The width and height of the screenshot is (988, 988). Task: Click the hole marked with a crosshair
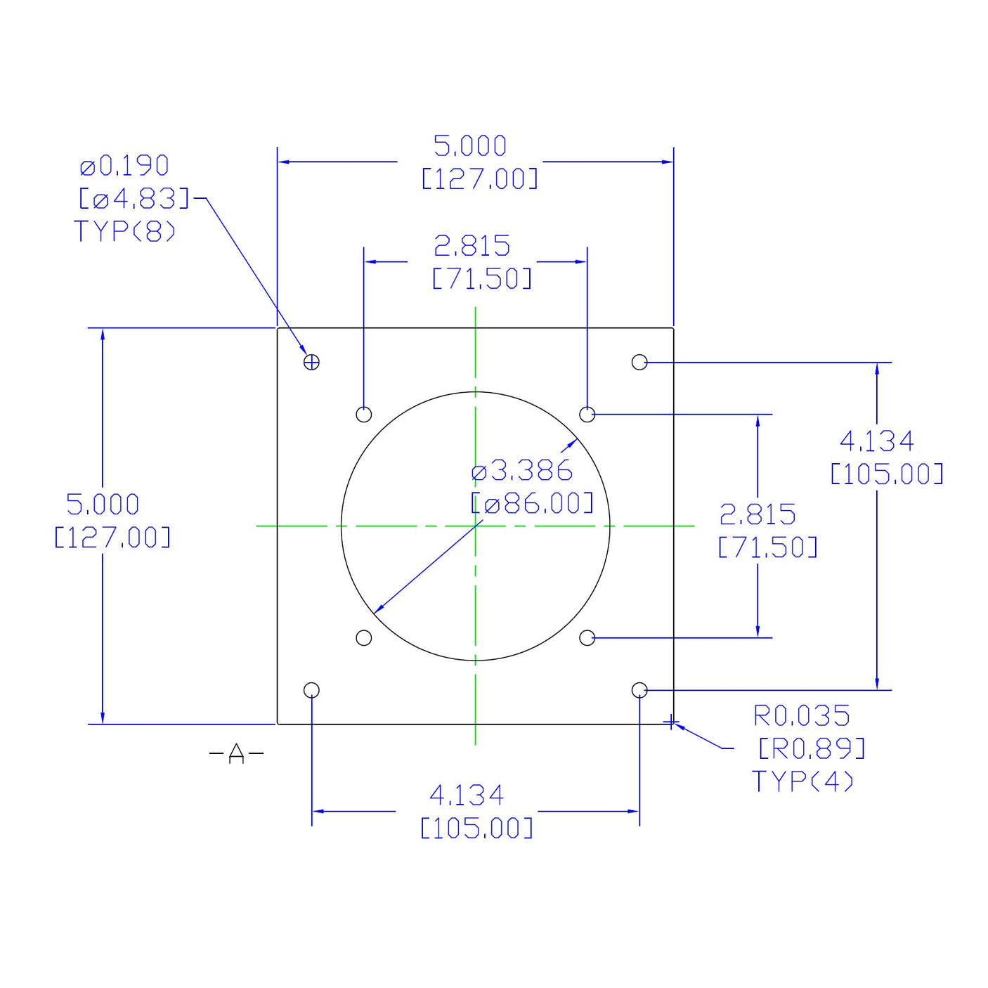(x=311, y=362)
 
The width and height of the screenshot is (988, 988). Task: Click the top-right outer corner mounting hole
(x=639, y=362)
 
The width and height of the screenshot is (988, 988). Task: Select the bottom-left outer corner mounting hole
(x=311, y=690)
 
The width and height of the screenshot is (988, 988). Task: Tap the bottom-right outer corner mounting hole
(x=639, y=690)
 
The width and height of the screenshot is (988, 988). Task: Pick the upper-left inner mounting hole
(x=363, y=414)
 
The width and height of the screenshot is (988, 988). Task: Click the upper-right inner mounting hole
(x=587, y=414)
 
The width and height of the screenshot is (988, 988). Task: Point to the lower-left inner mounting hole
(x=363, y=638)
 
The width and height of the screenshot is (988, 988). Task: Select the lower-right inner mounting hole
(x=587, y=638)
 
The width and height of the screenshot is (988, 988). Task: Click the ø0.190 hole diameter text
(x=124, y=166)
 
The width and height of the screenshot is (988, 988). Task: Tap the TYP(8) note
(x=125, y=230)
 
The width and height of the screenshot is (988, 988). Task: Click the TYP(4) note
(x=802, y=781)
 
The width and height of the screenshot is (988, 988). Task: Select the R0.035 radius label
(x=802, y=716)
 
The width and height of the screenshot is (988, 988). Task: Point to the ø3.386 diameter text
(x=522, y=471)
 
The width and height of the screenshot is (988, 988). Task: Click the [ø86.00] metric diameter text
(x=532, y=503)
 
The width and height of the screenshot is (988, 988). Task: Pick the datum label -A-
(x=237, y=754)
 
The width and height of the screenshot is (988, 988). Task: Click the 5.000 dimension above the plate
(x=470, y=146)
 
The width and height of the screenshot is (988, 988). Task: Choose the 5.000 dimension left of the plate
(x=103, y=505)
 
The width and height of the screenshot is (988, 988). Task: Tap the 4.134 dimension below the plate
(x=467, y=795)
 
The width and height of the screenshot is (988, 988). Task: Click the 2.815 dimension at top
(x=472, y=246)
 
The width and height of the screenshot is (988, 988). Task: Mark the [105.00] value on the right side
(x=886, y=474)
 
